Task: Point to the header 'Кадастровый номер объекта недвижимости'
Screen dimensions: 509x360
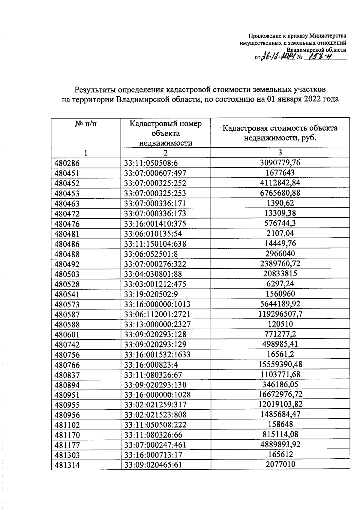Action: click(165, 133)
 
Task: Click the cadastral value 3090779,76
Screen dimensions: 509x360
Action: click(280, 163)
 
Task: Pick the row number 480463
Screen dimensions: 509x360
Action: click(67, 204)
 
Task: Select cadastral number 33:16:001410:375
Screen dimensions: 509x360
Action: click(155, 224)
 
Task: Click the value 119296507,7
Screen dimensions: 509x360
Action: click(280, 314)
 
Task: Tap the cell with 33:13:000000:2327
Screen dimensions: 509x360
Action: click(157, 324)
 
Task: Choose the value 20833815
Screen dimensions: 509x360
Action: click(280, 273)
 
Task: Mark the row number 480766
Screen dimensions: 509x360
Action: click(67, 365)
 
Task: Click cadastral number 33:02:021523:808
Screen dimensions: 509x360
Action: click(155, 415)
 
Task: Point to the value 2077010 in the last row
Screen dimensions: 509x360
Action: click(280, 464)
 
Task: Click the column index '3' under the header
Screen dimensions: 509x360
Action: click(280, 152)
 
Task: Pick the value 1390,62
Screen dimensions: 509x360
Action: click(280, 203)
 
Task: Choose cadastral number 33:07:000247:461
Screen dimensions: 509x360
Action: click(155, 445)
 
